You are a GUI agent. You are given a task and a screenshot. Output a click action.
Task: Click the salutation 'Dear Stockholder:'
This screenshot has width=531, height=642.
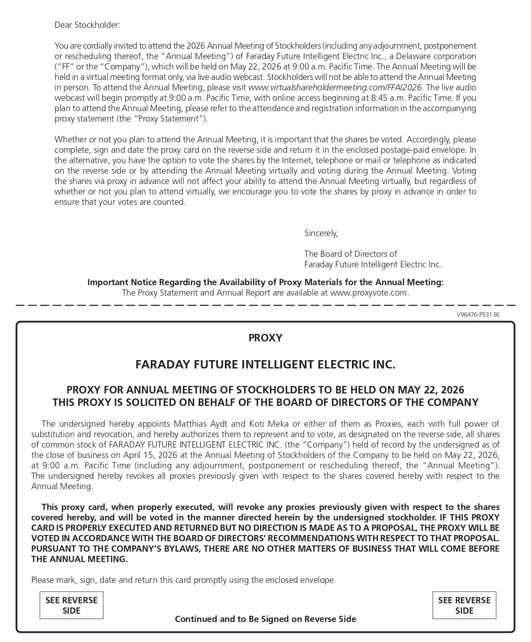pyautogui.click(x=87, y=25)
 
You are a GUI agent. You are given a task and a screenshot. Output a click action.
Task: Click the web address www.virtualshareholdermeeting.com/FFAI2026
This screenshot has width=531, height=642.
pyautogui.click(x=334, y=87)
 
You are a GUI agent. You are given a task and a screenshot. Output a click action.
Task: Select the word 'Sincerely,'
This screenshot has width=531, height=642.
pyautogui.click(x=321, y=233)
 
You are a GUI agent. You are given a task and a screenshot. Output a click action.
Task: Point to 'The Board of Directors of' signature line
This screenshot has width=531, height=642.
pyautogui.click(x=351, y=254)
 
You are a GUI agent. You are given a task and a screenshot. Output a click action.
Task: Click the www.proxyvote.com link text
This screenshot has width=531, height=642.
pyautogui.click(x=369, y=293)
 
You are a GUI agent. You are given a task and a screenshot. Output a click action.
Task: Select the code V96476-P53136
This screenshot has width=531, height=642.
pyautogui.click(x=478, y=315)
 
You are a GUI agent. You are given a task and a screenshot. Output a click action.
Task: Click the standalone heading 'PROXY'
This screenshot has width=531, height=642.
pyautogui.click(x=265, y=338)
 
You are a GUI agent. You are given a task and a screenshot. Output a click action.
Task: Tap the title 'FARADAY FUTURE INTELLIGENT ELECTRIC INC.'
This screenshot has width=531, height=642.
pyautogui.click(x=265, y=365)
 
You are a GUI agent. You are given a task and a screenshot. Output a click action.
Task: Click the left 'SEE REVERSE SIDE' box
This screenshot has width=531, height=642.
pyautogui.click(x=71, y=605)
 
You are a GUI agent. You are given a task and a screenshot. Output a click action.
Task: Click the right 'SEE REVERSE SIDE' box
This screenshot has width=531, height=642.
pyautogui.click(x=464, y=605)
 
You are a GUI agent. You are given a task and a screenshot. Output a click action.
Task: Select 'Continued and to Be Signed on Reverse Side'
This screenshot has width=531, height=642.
pyautogui.click(x=265, y=619)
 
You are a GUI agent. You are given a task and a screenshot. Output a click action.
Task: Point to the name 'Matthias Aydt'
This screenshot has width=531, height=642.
pyautogui.click(x=201, y=424)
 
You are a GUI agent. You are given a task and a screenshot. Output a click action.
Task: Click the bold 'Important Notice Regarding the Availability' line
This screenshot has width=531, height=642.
pyautogui.click(x=265, y=282)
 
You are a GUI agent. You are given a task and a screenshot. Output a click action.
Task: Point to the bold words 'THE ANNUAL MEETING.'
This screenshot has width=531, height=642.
pyautogui.click(x=79, y=559)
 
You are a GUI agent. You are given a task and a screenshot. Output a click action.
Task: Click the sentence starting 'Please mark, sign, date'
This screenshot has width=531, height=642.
pyautogui.click(x=183, y=580)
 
